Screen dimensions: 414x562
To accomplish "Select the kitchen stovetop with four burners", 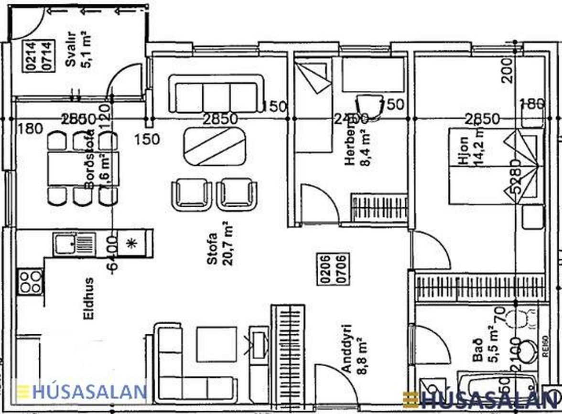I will (x=30, y=282).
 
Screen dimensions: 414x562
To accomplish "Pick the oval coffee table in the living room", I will (x=215, y=146).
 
